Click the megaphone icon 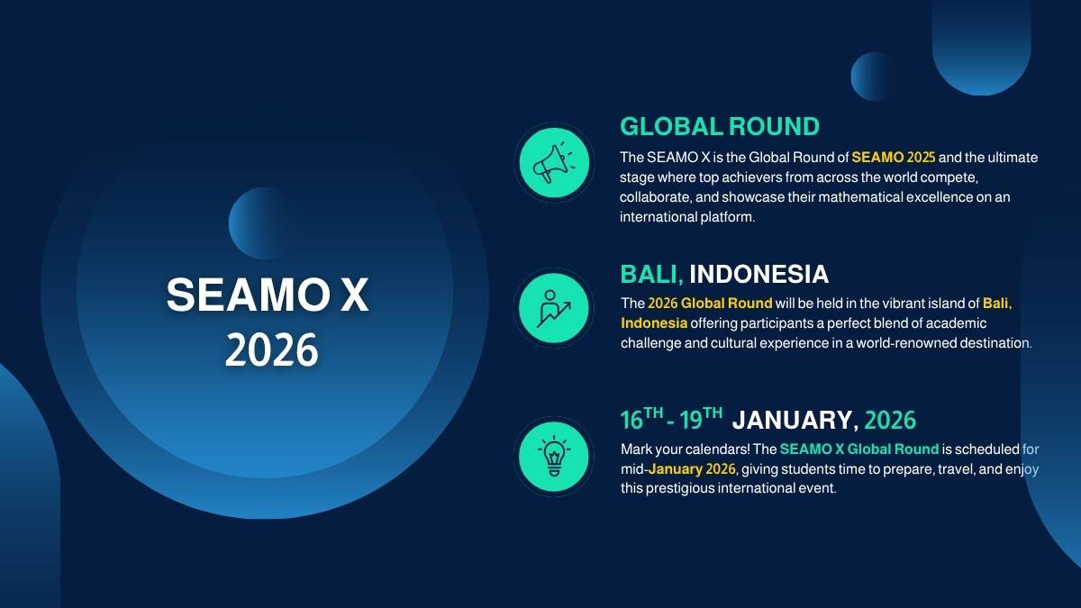point(554,163)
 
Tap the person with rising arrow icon point(553,308)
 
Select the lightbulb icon point(554,456)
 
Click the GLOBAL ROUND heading point(720,126)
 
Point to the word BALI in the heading point(651,274)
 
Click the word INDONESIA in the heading point(759,274)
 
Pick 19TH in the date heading point(701,418)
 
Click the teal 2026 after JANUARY point(890,420)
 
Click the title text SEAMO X point(268,295)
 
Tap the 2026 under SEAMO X point(272,349)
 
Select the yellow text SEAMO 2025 point(894,158)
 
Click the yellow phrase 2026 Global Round point(710,303)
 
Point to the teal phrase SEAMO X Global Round point(859,449)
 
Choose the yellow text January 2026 point(692,469)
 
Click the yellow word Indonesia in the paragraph point(654,322)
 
